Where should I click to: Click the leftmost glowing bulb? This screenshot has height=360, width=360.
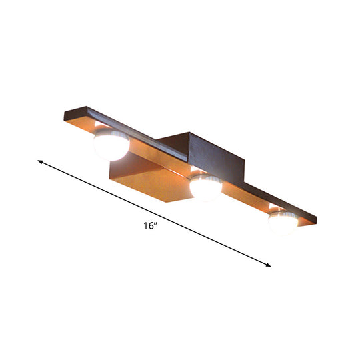pyautogui.click(x=110, y=145)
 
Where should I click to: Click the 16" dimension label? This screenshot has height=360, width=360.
pyautogui.click(x=150, y=225)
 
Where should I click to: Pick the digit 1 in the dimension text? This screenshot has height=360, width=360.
pyautogui.click(x=145, y=226)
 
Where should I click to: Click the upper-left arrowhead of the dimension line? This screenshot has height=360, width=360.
pyautogui.click(x=41, y=161)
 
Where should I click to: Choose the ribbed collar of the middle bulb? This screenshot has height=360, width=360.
pyautogui.click(x=206, y=179)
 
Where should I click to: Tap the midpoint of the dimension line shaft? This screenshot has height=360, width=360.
pyautogui.click(x=155, y=213)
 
